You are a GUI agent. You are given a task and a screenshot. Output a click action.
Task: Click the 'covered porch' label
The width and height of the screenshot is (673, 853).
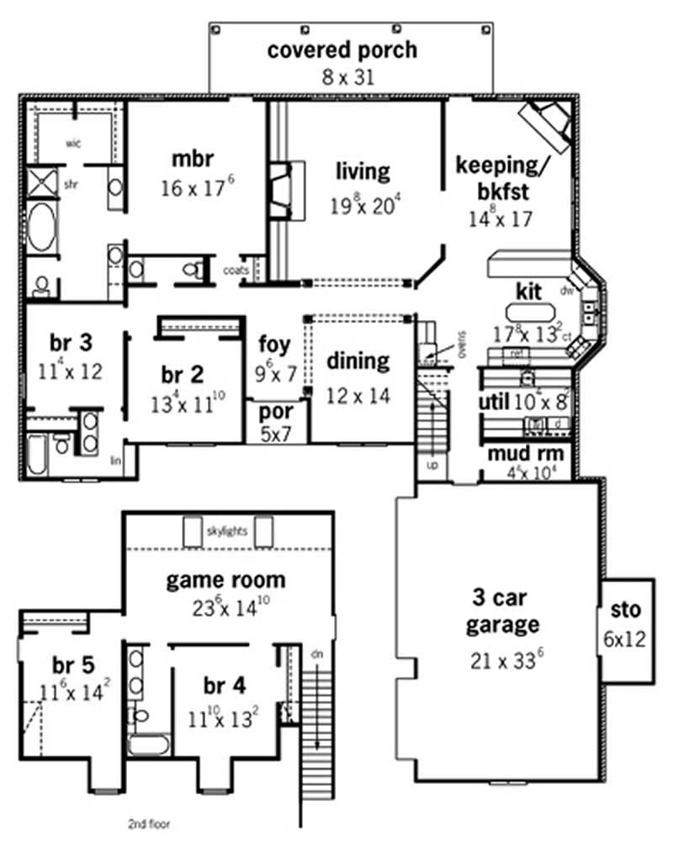(x=342, y=50)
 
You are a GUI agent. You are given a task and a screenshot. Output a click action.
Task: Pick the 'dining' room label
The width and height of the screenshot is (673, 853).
(x=358, y=361)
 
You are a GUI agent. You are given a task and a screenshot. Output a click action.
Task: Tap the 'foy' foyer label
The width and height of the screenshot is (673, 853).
(x=274, y=343)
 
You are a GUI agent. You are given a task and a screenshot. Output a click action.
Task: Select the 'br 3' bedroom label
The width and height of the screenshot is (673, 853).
(x=71, y=343)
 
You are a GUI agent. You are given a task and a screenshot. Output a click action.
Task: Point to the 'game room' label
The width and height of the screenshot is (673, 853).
(x=225, y=580)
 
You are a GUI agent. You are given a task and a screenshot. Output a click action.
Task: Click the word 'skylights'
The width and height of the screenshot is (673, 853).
(x=227, y=531)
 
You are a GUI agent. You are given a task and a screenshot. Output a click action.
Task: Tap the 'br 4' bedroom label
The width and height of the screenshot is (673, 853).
(x=224, y=686)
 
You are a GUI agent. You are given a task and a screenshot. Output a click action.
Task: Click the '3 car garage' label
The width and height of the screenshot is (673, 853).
(x=504, y=613)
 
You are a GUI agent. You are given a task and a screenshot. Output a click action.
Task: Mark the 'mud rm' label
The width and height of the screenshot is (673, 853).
(x=525, y=455)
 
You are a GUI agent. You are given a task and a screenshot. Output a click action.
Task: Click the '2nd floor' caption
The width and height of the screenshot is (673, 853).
(x=149, y=824)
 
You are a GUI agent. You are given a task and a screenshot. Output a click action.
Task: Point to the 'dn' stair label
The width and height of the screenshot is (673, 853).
(x=316, y=653)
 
